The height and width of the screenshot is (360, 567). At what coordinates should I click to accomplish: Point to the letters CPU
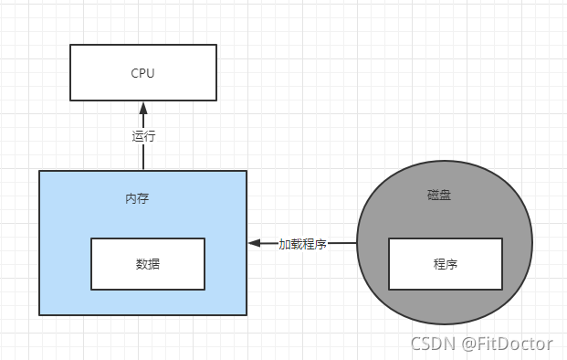(x=142, y=73)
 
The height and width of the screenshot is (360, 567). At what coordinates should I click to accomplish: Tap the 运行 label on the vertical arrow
(x=143, y=136)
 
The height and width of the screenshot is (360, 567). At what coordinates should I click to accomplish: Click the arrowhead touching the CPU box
(x=143, y=108)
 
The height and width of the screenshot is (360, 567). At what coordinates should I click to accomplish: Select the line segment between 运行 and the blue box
(x=143, y=158)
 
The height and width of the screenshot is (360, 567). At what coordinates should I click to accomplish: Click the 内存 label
(x=137, y=197)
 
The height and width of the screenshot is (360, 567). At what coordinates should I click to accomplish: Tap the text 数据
(x=148, y=263)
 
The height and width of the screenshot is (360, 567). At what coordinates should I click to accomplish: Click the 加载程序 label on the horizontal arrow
(x=303, y=244)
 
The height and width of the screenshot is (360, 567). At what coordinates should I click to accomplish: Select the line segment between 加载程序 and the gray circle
(x=342, y=244)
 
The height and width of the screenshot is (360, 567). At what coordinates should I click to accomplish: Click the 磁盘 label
(x=438, y=195)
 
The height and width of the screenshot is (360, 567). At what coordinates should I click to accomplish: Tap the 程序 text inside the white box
(x=446, y=264)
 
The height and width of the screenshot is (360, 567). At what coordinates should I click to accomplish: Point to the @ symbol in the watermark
(x=469, y=344)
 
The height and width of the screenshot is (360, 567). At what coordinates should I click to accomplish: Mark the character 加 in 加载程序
(x=285, y=244)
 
